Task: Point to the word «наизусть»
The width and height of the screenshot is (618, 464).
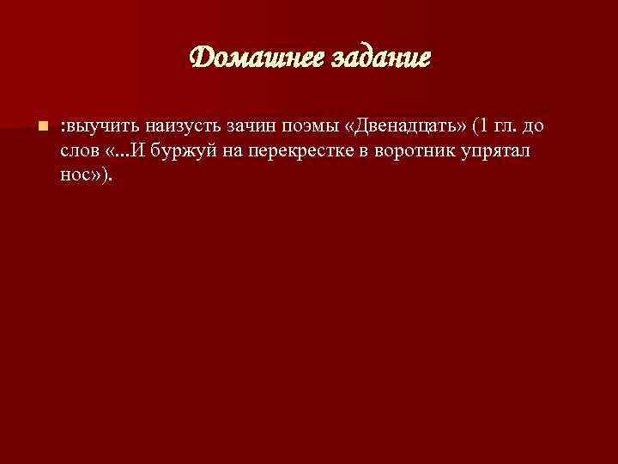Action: click(x=187, y=127)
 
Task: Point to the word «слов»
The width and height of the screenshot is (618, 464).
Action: click(x=79, y=152)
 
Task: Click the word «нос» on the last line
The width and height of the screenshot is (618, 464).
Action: click(x=76, y=176)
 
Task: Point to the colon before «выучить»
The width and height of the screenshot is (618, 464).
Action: click(x=63, y=128)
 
